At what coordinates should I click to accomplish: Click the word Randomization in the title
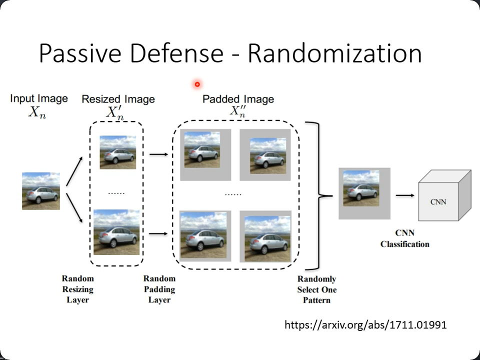(x=334, y=53)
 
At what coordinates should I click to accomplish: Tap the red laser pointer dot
(x=197, y=84)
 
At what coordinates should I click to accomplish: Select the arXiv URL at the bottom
(x=365, y=325)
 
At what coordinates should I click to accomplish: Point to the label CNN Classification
(x=404, y=238)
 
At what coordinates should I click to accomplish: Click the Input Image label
(x=38, y=98)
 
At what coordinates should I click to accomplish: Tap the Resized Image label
(x=118, y=99)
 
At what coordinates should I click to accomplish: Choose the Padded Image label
(x=238, y=99)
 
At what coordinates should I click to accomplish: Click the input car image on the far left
(x=41, y=191)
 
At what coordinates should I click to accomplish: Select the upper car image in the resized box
(x=118, y=152)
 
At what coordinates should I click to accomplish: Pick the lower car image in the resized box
(x=116, y=232)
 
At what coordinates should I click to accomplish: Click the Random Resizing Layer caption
(x=77, y=289)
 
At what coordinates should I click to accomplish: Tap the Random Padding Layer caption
(x=159, y=289)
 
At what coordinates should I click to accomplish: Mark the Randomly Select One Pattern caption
(x=316, y=289)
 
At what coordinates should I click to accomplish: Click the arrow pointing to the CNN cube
(x=405, y=195)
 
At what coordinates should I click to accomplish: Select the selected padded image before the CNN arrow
(x=364, y=193)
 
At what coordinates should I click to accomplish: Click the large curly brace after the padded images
(x=318, y=195)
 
